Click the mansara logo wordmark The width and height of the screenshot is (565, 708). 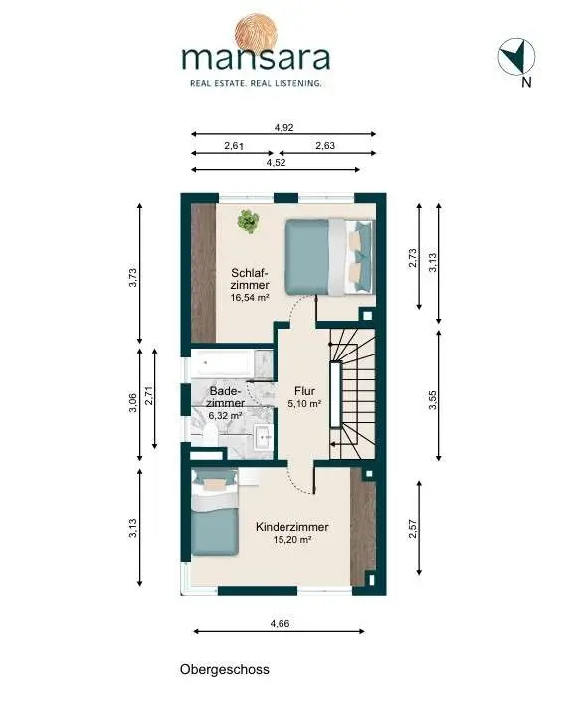pos(256,58)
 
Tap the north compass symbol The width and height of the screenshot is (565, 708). pos(516,57)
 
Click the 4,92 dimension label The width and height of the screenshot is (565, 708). pos(284,127)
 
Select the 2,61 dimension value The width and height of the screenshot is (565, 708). pos(234,146)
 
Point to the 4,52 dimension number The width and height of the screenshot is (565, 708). pos(276,163)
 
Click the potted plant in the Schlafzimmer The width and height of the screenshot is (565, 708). pos(248,221)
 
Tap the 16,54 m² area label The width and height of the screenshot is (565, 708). pos(250,298)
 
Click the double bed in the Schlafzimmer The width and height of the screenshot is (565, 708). pos(330,257)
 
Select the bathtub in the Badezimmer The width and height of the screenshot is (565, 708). pos(221,363)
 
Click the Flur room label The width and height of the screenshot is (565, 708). pos(304,391)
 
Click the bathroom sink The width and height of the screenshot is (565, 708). pos(263,438)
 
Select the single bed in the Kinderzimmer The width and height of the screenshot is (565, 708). pos(214,512)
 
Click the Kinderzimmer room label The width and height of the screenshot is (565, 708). pos(292,527)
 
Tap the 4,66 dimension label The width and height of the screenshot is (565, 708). pos(280,624)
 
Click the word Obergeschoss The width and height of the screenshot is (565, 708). pos(225,669)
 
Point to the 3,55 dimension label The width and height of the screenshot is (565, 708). pos(433,400)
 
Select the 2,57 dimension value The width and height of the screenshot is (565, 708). pos(412,529)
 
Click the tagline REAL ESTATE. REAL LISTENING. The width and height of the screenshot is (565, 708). pos(256,83)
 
